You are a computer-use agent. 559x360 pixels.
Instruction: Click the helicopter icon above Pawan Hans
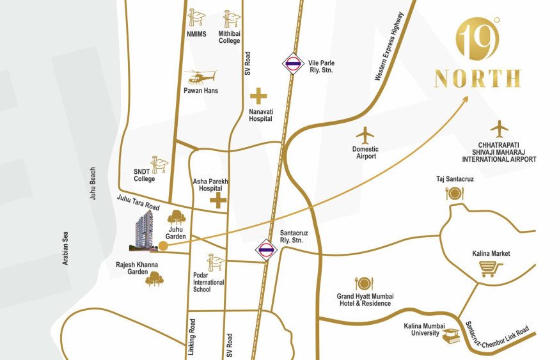click(201, 76)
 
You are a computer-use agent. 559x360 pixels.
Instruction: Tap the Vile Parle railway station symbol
click(292, 63)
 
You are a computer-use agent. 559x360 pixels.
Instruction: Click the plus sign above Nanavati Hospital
click(258, 97)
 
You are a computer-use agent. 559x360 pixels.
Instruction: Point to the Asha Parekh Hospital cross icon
click(219, 202)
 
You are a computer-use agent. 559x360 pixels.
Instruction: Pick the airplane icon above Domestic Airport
click(365, 136)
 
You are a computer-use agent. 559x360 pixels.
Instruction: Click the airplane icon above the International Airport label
click(500, 129)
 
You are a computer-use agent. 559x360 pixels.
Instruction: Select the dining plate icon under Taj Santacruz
click(455, 193)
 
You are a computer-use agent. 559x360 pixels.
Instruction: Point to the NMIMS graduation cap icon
click(196, 19)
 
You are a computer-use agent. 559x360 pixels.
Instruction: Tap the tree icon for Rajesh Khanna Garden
click(154, 278)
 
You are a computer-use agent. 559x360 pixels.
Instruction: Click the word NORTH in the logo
click(477, 79)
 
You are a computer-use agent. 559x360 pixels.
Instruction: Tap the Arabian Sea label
click(66, 244)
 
